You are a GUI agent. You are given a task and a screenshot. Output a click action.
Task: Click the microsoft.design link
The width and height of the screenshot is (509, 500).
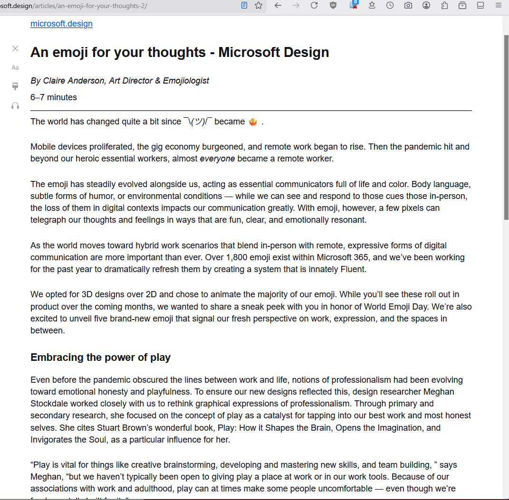click(61, 24)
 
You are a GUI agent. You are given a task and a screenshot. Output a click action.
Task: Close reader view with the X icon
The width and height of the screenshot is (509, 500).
click(15, 48)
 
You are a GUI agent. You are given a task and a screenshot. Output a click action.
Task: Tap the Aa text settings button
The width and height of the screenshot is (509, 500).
click(15, 67)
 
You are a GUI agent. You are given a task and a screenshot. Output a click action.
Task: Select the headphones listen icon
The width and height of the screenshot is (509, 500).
click(15, 105)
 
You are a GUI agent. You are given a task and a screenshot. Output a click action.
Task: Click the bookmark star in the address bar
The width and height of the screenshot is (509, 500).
click(259, 5)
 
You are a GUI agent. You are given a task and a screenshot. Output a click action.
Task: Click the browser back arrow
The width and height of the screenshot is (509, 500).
click(278, 5)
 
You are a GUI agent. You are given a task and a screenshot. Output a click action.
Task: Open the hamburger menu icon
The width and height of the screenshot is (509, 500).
click(499, 5)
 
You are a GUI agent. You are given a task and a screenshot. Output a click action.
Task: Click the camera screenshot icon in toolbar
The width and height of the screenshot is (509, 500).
click(408, 5)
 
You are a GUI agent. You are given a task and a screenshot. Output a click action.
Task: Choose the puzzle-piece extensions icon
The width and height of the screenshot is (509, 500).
click(444, 5)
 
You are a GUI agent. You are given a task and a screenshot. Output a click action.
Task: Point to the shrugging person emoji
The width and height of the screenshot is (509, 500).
click(253, 122)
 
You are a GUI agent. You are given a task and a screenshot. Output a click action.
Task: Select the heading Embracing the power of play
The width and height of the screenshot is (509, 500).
click(100, 358)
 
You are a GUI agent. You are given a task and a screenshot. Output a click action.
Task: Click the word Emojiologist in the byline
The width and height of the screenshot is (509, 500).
click(186, 81)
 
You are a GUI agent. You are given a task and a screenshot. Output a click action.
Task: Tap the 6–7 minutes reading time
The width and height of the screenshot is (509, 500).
click(54, 97)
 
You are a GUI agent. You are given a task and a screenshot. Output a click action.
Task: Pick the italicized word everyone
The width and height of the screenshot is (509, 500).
click(217, 159)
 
